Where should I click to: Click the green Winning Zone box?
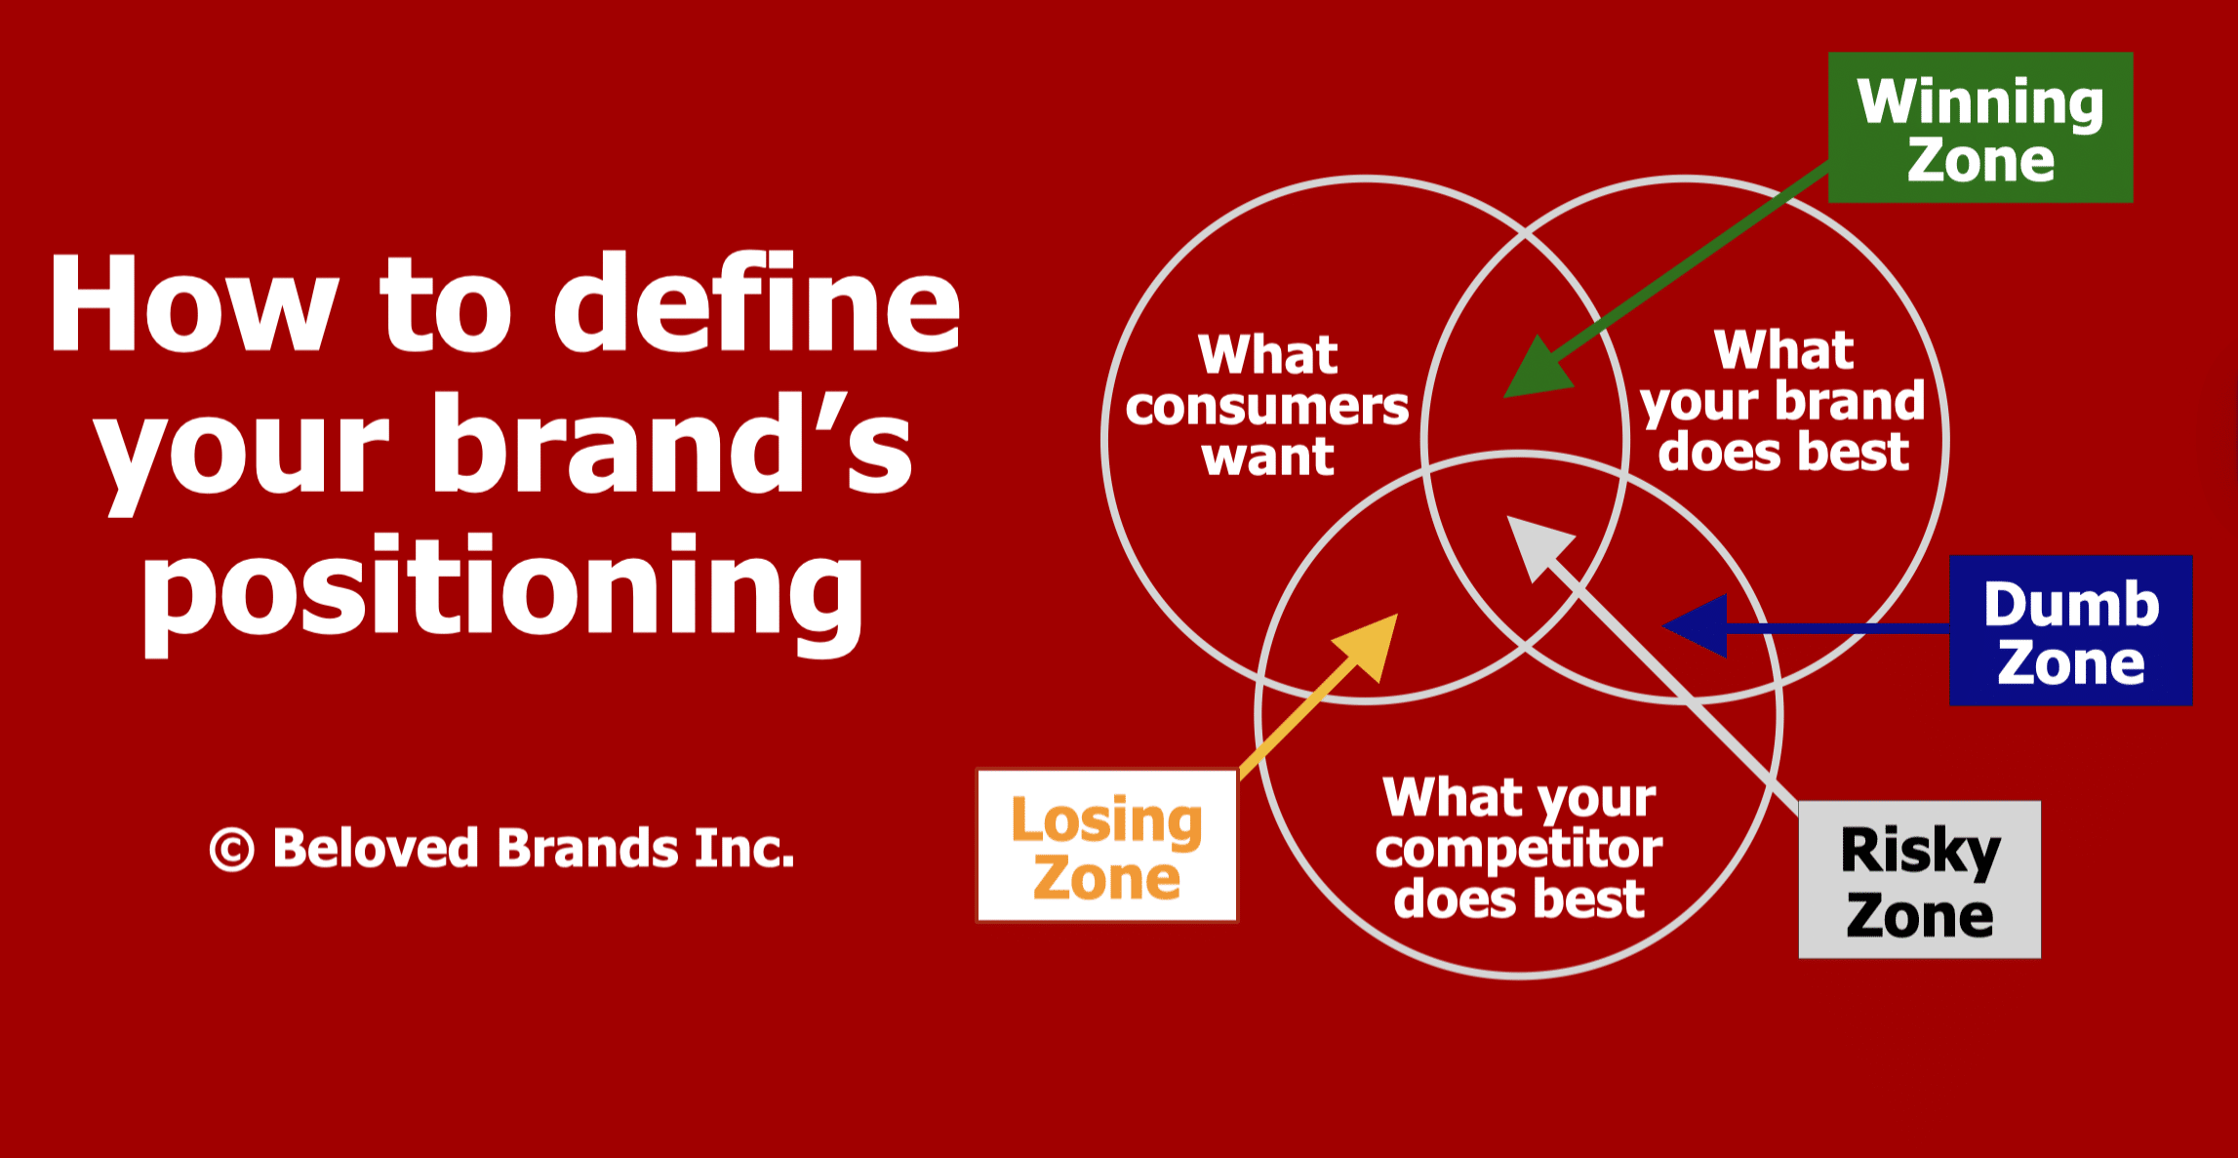[x=1980, y=128]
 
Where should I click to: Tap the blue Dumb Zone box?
[x=2070, y=630]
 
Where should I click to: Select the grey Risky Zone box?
[x=1919, y=880]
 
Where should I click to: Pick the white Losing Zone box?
[x=1107, y=846]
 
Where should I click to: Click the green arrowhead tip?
[x=1504, y=397]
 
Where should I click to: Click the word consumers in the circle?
[x=1267, y=406]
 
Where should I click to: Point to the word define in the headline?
[x=757, y=301]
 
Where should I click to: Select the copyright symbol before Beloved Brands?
[x=232, y=849]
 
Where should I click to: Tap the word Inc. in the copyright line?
[x=744, y=847]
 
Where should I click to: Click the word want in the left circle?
[x=1268, y=457]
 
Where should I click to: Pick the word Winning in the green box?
[x=1980, y=102]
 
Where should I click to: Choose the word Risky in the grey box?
[x=1920, y=852]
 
